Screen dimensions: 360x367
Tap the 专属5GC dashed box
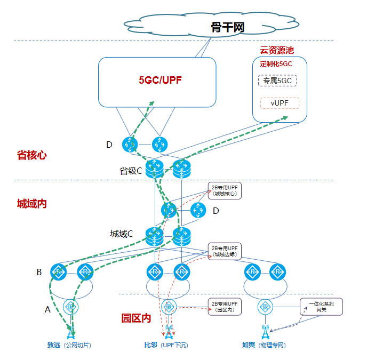[277, 81]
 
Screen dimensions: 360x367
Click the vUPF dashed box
[280, 103]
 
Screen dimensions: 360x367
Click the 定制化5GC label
[276, 64]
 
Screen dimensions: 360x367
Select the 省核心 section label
[31, 155]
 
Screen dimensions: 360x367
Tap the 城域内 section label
[31, 203]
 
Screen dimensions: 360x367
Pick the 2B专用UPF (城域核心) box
[225, 190]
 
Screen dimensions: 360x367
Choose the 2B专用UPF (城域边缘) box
[225, 251]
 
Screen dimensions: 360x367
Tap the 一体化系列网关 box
[321, 306]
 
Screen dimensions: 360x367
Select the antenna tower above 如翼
[265, 332]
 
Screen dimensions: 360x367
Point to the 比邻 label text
[150, 345]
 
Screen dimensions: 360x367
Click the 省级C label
[131, 171]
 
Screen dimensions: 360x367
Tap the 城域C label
[122, 234]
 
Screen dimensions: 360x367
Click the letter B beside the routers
[39, 272]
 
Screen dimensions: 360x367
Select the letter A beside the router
[47, 308]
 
